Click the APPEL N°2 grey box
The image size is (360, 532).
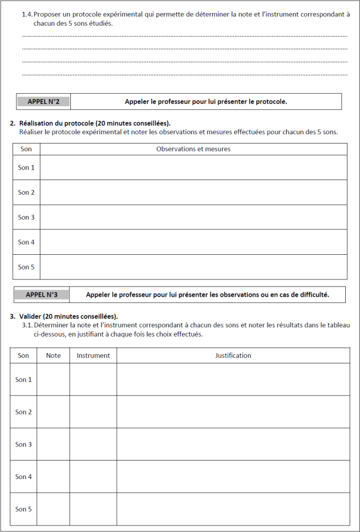point(44,101)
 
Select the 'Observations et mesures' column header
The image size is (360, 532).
point(193,149)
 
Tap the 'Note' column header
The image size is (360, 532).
point(53,355)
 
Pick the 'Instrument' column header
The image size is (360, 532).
point(93,355)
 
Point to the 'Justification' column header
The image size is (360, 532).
point(233,355)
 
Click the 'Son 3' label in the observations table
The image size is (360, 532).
point(26,217)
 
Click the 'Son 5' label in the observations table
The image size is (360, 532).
point(26,267)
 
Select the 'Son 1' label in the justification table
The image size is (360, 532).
point(23,379)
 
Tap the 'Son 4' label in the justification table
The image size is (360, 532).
point(23,477)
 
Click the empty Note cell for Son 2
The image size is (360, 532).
point(53,412)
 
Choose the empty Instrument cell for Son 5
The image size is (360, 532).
point(93,509)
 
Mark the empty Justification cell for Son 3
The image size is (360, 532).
point(233,444)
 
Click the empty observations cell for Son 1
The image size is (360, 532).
point(193,168)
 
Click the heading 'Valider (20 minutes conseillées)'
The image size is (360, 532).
point(68,316)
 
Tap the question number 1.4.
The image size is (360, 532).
point(27,15)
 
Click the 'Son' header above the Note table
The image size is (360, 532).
point(23,355)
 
